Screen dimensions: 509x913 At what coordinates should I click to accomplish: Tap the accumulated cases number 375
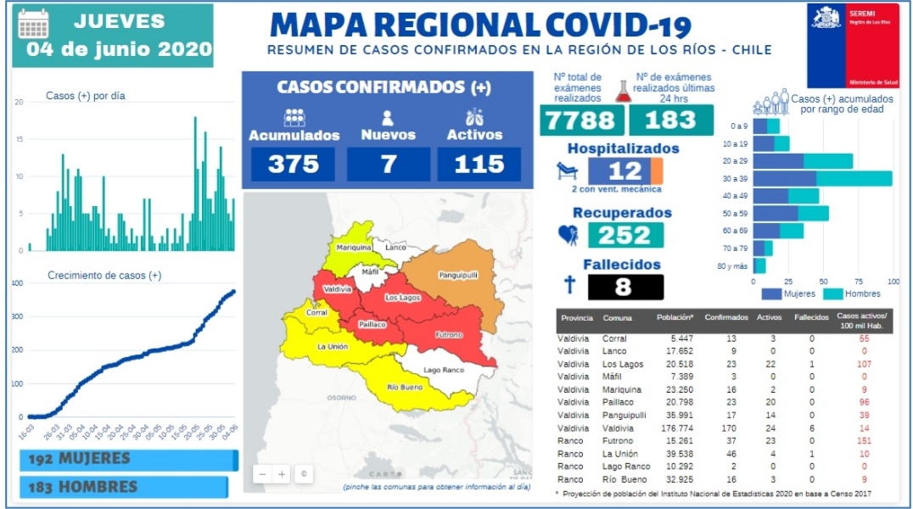294,164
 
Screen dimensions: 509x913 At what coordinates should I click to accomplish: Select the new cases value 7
388,164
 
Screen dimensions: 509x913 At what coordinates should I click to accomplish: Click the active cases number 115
479,164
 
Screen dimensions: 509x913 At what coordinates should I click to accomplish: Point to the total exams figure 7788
580,120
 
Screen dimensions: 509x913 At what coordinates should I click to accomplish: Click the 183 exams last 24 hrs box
670,120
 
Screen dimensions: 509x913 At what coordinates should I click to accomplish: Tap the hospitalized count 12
626,171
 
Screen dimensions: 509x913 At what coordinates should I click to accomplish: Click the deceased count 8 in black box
624,287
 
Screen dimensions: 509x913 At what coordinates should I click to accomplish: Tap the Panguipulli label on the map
458,275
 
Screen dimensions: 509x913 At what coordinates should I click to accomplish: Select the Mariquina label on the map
354,247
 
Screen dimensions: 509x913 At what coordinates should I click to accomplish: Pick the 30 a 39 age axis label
737,179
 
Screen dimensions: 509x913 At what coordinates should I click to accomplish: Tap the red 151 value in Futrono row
865,442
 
